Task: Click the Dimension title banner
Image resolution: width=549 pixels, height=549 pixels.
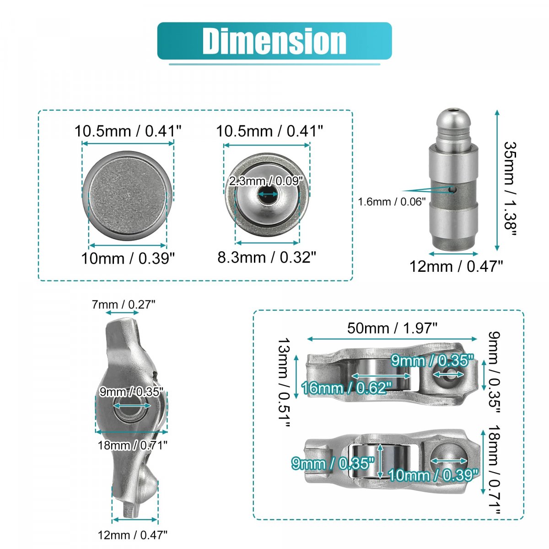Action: tap(274, 41)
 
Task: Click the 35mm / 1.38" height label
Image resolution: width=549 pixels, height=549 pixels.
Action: tap(510, 189)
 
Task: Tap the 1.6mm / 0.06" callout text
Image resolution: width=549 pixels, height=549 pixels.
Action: tap(392, 202)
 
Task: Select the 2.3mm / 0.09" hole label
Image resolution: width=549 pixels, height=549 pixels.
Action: tap(266, 181)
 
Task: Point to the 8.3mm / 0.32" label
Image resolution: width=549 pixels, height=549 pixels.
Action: tap(267, 257)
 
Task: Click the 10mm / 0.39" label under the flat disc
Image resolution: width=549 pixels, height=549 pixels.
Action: tap(128, 258)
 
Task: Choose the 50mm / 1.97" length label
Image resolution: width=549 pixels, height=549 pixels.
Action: tap(392, 328)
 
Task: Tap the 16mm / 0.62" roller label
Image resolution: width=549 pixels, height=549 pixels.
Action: tap(347, 388)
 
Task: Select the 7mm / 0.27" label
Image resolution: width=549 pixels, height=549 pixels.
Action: tap(124, 305)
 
